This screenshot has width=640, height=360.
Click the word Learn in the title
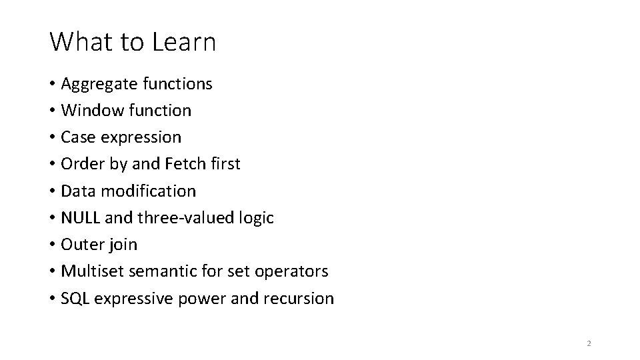tap(184, 42)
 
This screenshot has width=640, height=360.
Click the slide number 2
tap(589, 343)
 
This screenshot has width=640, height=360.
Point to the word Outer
tap(81, 245)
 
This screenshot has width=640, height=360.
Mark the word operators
tap(295, 272)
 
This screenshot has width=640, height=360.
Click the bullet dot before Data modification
tap(52, 191)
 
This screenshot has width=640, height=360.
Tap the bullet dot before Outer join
tap(52, 245)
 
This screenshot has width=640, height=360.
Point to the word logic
tap(257, 218)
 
